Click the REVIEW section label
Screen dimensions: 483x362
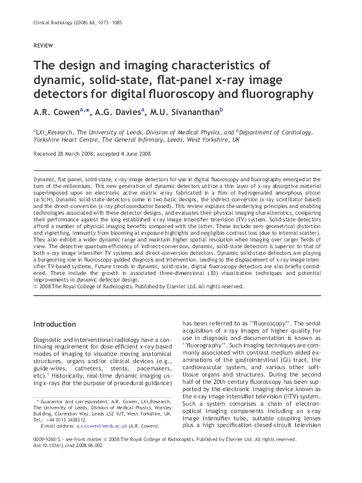pos(43,46)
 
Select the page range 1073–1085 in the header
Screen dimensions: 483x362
pos(118,23)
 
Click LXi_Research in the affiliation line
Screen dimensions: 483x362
pos(55,131)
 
